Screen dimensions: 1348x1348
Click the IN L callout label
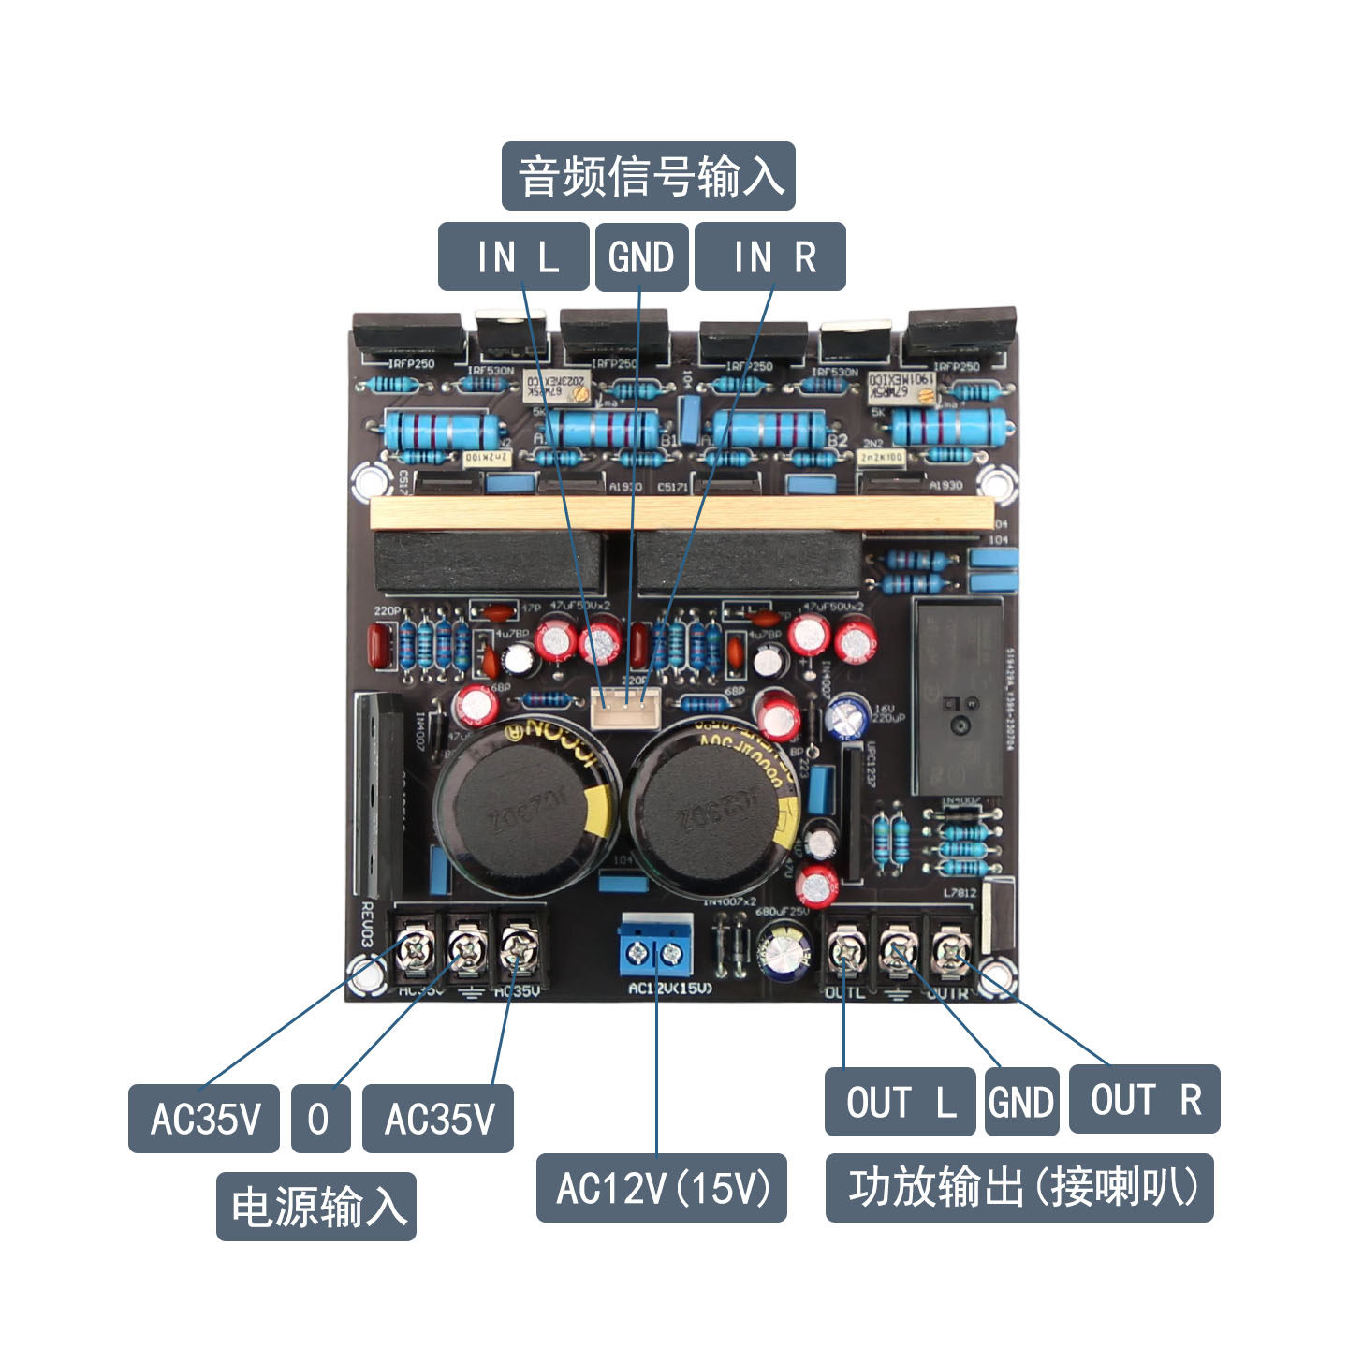tap(513, 256)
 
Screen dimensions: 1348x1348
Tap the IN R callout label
tap(769, 256)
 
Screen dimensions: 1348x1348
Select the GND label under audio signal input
tap(641, 256)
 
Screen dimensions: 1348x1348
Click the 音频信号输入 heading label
tap(648, 176)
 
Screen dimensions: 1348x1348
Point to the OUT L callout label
tap(900, 1102)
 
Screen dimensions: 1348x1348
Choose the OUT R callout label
tap(1144, 1099)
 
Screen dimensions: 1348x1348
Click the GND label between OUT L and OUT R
tap(1021, 1102)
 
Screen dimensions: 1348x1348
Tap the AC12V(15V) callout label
tap(661, 1188)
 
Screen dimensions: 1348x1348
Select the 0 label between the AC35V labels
tap(320, 1119)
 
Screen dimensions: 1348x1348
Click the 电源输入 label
tap(316, 1207)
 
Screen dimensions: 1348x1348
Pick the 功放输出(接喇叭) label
tap(1019, 1188)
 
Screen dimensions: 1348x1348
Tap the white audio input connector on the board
tap(625, 708)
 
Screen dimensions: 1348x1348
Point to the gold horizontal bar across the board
tap(681, 514)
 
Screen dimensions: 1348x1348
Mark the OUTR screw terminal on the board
tap(951, 952)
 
